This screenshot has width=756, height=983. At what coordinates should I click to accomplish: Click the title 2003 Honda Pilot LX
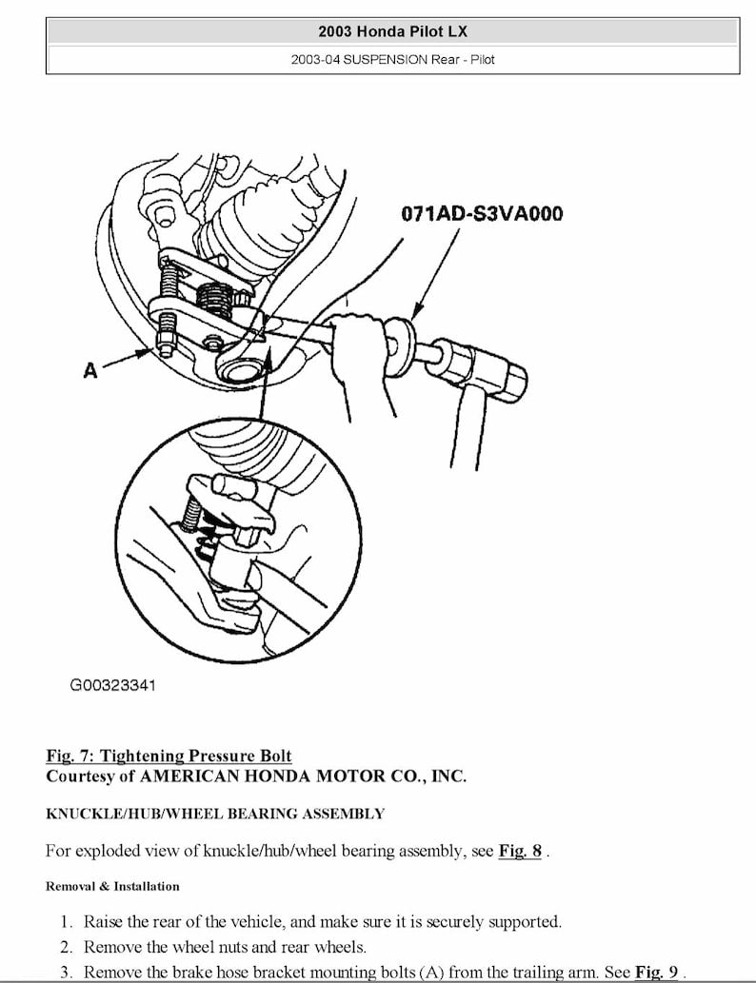pos(392,30)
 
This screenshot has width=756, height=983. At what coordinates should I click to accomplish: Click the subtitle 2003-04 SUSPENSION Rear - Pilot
pos(392,59)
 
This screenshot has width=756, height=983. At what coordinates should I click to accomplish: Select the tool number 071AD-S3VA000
pos(481,212)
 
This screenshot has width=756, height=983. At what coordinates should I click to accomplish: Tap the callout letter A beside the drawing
pos(90,370)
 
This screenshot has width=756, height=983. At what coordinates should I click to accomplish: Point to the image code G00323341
pos(112,684)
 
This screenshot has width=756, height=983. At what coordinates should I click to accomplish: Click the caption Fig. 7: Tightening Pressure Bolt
pos(169,756)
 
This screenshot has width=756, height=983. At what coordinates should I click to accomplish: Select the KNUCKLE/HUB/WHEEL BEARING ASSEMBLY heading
pos(215,814)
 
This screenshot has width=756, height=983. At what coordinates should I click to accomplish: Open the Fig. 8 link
pos(520,851)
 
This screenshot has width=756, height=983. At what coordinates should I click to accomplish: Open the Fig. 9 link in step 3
pos(656,972)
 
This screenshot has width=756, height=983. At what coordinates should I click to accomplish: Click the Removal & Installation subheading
pos(112,886)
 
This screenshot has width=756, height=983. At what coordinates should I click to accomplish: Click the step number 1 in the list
pos(66,921)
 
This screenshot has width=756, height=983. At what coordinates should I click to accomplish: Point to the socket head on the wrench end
pos(494,370)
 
